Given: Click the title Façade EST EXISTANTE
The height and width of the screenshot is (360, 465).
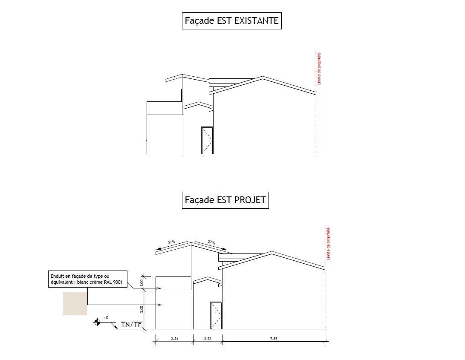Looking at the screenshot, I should coord(231,20).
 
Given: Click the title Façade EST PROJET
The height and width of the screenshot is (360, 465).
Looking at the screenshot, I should coord(225,200).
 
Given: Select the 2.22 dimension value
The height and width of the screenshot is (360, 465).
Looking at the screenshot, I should coord(207,339).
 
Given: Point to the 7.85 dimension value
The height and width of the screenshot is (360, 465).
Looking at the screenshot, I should coord(273,339).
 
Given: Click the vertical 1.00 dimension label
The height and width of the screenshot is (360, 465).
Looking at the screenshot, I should coord(142,282).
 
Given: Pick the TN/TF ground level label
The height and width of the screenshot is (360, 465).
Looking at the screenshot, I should coord(131,325).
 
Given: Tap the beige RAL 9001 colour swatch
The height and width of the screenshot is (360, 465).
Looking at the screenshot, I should coord(75,303).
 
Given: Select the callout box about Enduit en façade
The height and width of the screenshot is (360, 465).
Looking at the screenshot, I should coord(88,279).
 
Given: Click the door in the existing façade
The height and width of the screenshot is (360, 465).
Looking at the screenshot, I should coord(207,140).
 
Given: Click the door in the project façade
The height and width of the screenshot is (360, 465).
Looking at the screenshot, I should coord(216,316).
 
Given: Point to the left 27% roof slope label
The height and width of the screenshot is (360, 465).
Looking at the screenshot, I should coord(171,242).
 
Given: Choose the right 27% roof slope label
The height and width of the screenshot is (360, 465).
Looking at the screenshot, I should coord(211,242).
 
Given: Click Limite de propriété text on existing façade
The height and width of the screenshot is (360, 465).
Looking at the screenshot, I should coord(319,68).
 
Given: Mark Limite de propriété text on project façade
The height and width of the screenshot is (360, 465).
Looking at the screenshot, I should coord(329,244).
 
